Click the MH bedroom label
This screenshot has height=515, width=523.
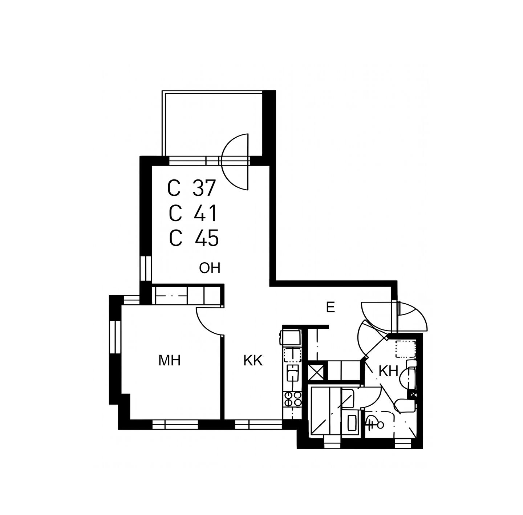pyautogui.click(x=169, y=361)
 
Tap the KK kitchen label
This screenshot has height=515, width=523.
pyautogui.click(x=253, y=361)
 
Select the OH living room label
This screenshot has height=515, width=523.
pyautogui.click(x=210, y=268)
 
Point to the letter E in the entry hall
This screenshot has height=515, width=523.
pyautogui.click(x=330, y=308)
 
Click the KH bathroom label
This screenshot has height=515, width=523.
pyautogui.click(x=388, y=372)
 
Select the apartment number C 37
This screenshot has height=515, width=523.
pyautogui.click(x=192, y=188)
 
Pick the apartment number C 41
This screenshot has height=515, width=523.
pyautogui.click(x=193, y=214)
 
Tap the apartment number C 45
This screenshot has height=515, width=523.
pyautogui.click(x=194, y=238)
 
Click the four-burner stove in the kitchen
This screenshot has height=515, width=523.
pyautogui.click(x=292, y=399)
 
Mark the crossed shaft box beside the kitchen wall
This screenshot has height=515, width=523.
pyautogui.click(x=316, y=372)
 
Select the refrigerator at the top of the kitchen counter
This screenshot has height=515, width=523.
pyautogui.click(x=292, y=338)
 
